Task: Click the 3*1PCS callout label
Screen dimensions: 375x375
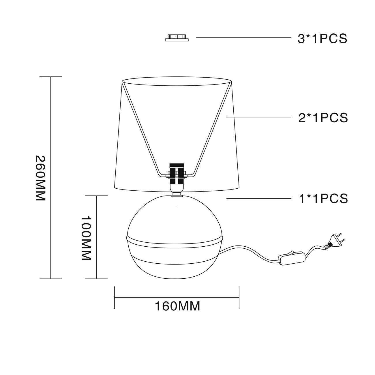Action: pos(322,39)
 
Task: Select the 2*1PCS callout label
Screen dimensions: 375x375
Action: pos(323,118)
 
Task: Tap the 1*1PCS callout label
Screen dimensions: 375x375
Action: pos(323,198)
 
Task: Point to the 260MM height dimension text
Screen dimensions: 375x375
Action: pos(40,178)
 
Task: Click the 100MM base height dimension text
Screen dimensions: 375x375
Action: pos(86,238)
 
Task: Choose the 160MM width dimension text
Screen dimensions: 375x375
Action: pos(177,306)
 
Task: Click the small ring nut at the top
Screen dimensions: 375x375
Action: pos(177,38)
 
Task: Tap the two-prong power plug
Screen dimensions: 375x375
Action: pos(334,241)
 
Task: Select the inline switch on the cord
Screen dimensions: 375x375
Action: pos(291,258)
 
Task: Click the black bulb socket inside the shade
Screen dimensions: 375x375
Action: pos(177,174)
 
